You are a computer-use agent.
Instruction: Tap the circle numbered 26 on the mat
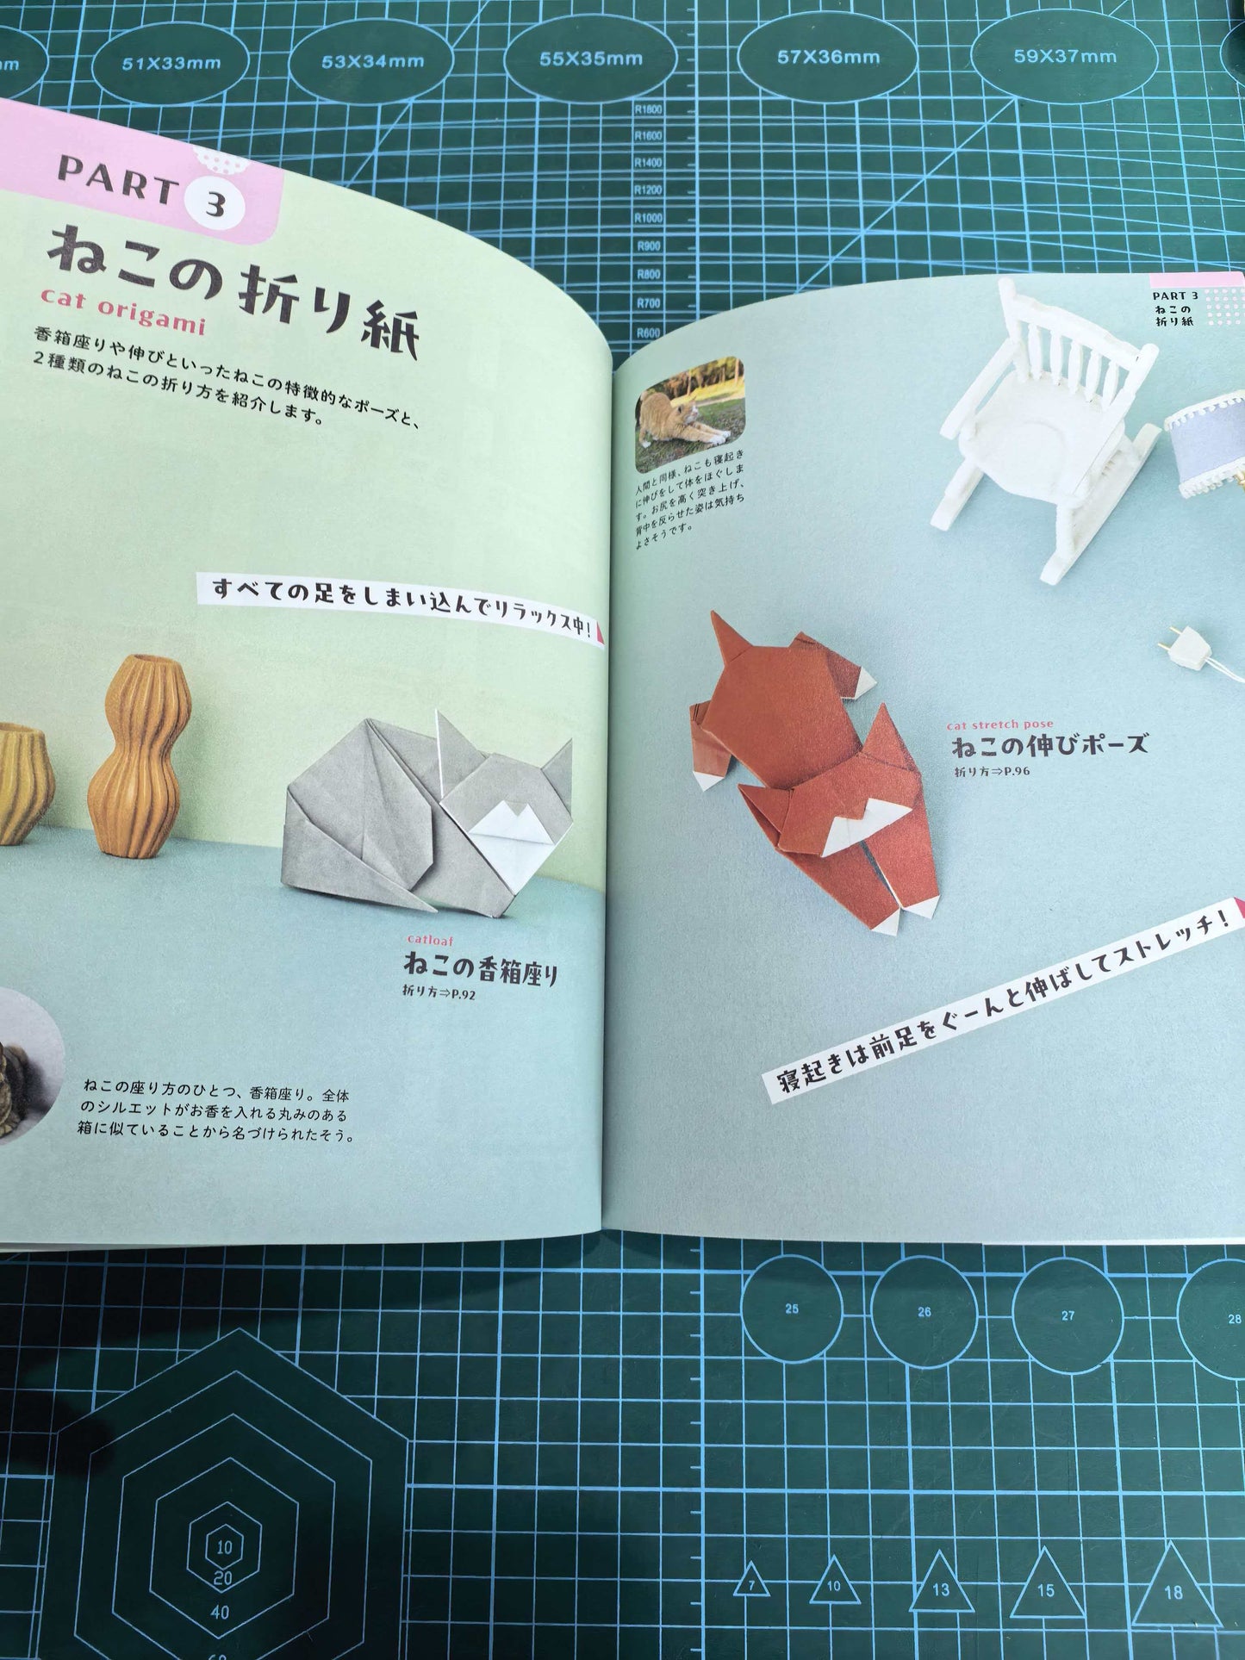tap(924, 1312)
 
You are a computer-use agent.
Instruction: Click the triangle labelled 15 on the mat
tap(1046, 1589)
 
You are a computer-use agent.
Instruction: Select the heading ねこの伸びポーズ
tap(1049, 745)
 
